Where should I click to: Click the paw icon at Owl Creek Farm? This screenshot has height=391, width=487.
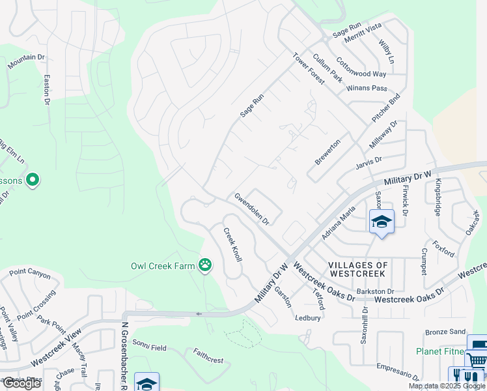click(x=206, y=265)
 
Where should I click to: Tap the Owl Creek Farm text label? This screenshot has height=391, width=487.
click(x=163, y=265)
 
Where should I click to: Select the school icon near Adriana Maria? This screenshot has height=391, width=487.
click(x=382, y=222)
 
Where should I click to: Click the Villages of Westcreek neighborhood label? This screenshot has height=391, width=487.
click(x=358, y=270)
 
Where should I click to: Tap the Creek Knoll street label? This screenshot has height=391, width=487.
click(x=233, y=245)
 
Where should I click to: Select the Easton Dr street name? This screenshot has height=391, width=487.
click(x=47, y=89)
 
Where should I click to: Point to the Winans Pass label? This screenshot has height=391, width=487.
click(x=367, y=88)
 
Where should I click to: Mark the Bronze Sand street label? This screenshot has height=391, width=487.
click(x=445, y=332)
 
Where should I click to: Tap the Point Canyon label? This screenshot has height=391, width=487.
click(x=30, y=274)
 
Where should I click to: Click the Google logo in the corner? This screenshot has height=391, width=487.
click(x=21, y=383)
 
